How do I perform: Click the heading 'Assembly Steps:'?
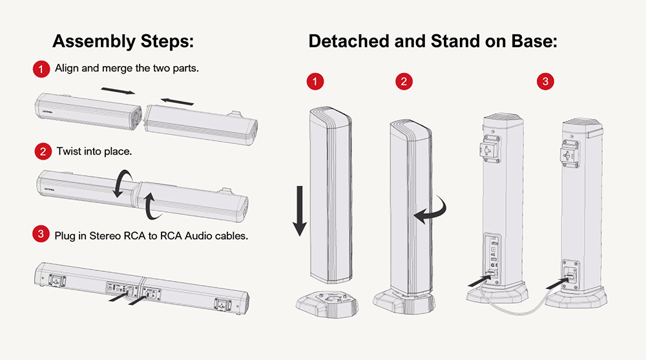[x=123, y=42]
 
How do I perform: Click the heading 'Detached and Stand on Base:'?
[x=433, y=42]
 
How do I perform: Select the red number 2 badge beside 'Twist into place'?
[x=42, y=153]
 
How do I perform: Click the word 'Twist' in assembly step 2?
[x=68, y=153]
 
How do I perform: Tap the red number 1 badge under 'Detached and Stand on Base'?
[x=315, y=81]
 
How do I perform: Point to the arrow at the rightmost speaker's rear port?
[x=556, y=282]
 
